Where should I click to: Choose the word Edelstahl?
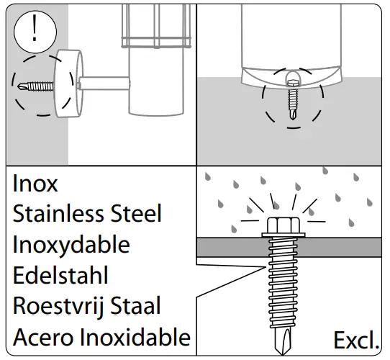pyautogui.click(x=61, y=276)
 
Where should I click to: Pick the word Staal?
pyautogui.click(x=136, y=306)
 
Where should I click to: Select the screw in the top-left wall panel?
pyautogui.click(x=32, y=86)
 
